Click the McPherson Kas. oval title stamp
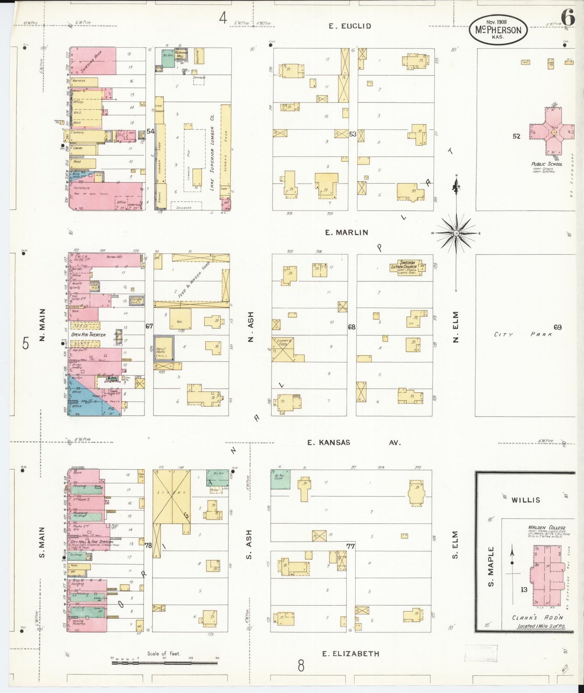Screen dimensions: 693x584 click(498, 30)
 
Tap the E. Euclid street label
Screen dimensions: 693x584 click(350, 26)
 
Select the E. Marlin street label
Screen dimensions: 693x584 click(347, 232)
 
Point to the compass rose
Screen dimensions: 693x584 click(456, 233)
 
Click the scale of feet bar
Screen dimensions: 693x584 click(164, 663)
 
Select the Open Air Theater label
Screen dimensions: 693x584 click(89, 335)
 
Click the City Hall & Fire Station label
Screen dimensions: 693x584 click(90, 542)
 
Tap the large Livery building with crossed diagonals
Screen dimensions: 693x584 click(171, 496)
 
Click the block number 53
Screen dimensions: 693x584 click(352, 134)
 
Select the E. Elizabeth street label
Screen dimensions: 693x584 click(350, 653)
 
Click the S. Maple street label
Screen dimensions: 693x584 click(491, 566)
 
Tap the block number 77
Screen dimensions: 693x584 click(350, 546)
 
